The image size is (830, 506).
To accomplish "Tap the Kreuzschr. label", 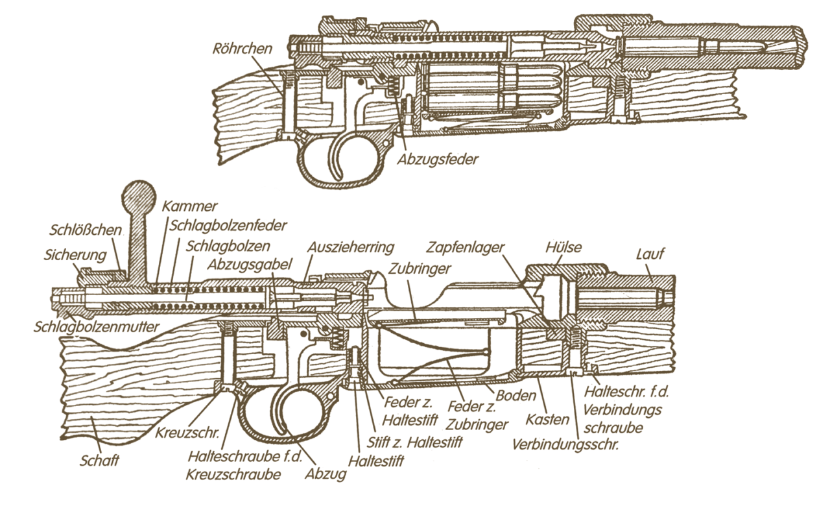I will [187, 431].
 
